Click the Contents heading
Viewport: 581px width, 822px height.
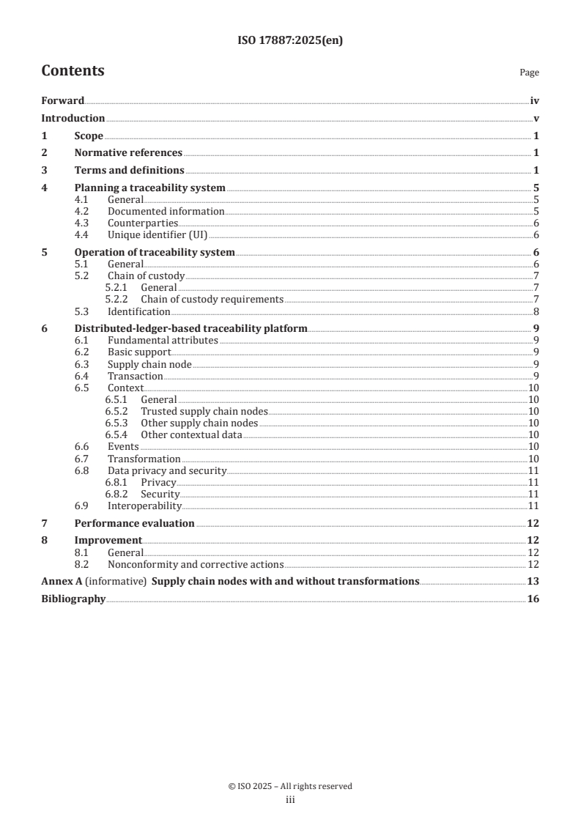coord(73,71)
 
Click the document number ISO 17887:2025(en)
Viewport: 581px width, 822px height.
coord(290,41)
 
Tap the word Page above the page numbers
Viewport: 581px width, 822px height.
coord(529,73)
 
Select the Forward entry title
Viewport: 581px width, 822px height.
coord(62,102)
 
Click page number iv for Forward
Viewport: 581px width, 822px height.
coord(535,102)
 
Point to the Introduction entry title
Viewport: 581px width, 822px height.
coord(73,118)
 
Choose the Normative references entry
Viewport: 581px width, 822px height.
coord(128,152)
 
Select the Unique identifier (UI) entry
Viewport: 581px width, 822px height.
coord(158,234)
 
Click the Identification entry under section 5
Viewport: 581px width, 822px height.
coord(139,311)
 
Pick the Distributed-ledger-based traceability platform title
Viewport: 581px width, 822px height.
coord(190,328)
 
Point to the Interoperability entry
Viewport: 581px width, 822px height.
coord(144,506)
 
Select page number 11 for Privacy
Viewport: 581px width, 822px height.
coord(534,482)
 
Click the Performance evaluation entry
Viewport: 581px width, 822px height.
coord(134,523)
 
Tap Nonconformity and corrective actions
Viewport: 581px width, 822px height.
coord(196,564)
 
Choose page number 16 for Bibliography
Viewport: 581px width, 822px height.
coord(533,599)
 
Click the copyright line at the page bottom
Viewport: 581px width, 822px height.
coord(290,786)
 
